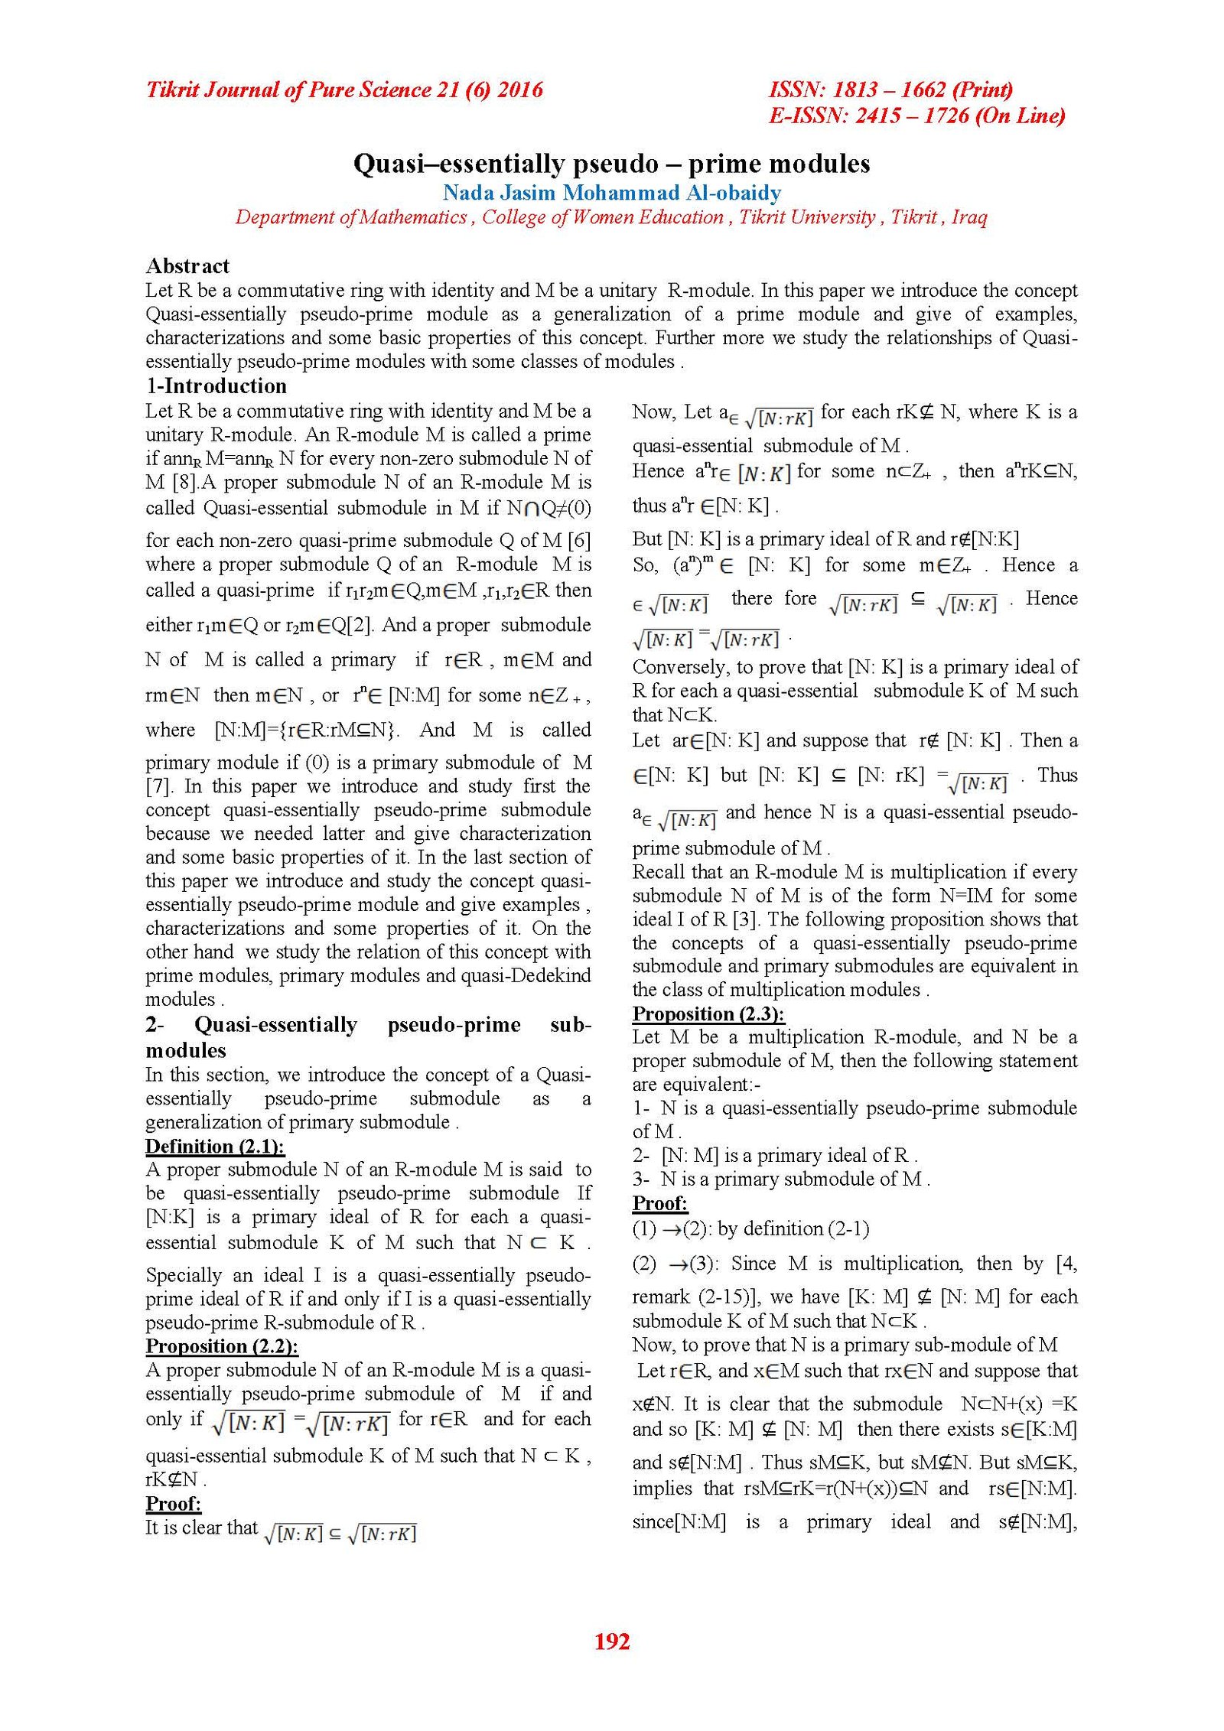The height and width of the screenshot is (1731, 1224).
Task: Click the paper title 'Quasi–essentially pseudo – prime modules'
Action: (611, 164)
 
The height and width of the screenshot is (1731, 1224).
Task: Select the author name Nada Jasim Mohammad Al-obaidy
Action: (611, 192)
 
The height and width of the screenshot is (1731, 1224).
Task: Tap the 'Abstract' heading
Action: (187, 265)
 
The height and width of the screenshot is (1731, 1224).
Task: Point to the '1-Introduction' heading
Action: (216, 386)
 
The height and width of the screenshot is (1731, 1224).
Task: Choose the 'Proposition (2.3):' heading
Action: (708, 1014)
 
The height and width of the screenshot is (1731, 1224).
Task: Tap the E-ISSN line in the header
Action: (916, 116)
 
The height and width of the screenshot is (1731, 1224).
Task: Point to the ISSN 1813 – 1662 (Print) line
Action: (890, 90)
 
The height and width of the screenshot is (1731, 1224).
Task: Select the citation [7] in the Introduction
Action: (159, 786)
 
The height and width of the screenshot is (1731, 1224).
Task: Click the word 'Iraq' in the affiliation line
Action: (969, 217)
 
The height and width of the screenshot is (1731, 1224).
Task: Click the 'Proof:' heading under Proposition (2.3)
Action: (659, 1203)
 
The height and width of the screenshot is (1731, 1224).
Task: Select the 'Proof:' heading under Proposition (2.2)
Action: (173, 1503)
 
